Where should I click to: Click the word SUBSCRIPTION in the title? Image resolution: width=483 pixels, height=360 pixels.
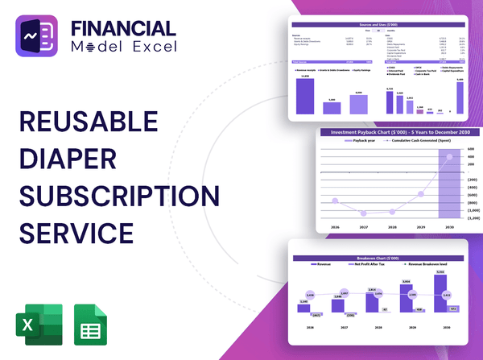118,196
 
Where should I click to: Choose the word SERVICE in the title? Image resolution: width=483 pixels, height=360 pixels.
76,232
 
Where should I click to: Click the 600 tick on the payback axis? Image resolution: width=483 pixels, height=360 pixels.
472,150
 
